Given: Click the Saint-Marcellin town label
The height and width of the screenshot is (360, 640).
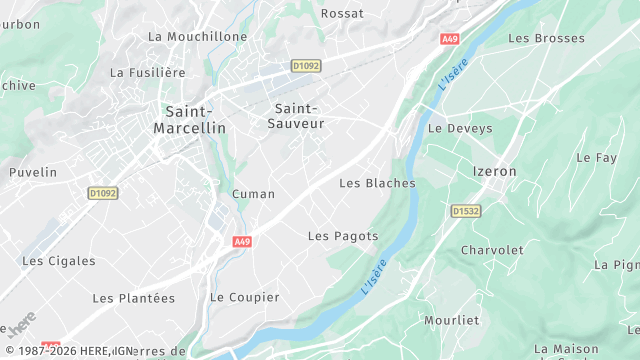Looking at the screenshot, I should click(189, 120).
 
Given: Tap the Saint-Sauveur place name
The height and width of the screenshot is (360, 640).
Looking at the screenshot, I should click(297, 115).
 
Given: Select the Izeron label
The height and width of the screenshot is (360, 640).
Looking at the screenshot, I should click(494, 171).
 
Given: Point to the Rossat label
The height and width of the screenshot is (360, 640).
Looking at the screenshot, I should click(341, 14).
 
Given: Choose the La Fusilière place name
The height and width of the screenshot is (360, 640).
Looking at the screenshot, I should click(148, 72).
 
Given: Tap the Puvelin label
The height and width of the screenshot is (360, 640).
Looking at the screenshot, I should click(33, 172).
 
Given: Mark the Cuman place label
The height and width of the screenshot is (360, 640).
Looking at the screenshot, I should click(253, 194).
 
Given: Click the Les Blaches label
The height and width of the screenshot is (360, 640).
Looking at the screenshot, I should click(377, 183).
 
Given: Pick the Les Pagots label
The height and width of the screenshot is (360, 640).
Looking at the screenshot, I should click(343, 236).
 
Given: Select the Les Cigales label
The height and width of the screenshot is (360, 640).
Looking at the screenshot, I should click(59, 261).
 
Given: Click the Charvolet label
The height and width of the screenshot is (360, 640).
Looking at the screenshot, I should click(492, 250).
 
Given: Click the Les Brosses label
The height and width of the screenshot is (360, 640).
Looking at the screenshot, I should click(546, 38).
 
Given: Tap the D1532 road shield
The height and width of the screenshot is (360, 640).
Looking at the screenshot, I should click(466, 211).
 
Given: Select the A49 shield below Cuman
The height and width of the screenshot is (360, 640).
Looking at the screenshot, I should click(242, 242).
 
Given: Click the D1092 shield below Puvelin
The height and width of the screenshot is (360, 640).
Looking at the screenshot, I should click(102, 193).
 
